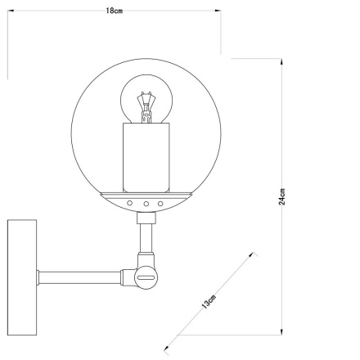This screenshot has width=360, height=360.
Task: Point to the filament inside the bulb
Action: [145, 106]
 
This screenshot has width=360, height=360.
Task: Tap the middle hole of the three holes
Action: [145, 202]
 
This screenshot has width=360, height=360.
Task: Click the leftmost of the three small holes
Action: [129, 202]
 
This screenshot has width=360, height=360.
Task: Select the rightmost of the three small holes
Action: [160, 202]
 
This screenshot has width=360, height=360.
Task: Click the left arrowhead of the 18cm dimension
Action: [10, 11]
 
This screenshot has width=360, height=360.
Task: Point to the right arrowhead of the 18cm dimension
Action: [219, 11]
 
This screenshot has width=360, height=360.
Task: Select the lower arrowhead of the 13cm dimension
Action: [168, 349]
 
